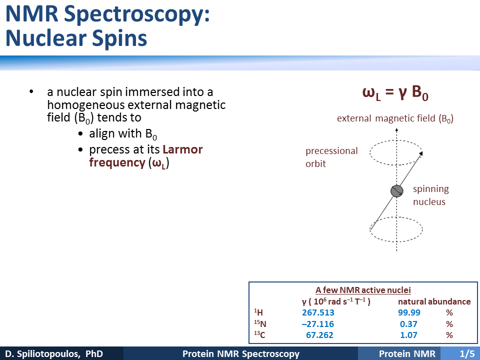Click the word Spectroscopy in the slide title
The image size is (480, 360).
pos(136,14)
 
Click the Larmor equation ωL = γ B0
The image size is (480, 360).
pos(395,92)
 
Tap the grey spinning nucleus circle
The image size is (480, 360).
pos(396,191)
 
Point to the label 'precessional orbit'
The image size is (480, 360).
pos(331,157)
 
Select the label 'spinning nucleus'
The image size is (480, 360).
pos(430,195)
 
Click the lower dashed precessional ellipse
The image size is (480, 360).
pos(396,241)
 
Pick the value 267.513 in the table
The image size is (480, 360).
pos(318,312)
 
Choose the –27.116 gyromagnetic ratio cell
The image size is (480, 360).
pos(318,324)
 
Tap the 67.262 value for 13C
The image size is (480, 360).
pos(319,335)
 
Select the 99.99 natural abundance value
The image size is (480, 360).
pos(409,312)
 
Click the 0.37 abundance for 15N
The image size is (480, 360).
pos(408,324)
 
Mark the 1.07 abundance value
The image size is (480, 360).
pos(408,335)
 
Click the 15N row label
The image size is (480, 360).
pos(260,323)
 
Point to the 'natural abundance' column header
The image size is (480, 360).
pos(434,301)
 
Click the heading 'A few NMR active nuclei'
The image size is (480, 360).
pos(363,290)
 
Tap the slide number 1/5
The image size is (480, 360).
pos(467,354)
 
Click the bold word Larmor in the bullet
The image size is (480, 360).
pos(182,149)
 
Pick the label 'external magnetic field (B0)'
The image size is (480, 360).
pos(395,118)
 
